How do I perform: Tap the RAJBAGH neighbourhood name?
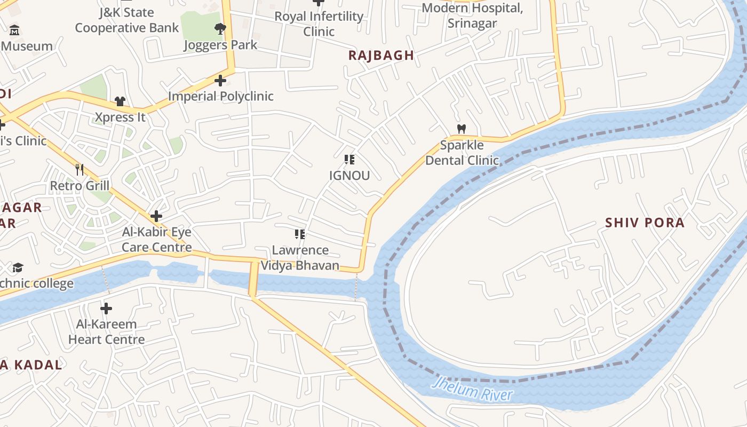coord(381,55)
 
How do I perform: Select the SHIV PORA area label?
coord(645,223)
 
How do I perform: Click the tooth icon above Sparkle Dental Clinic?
coord(462,129)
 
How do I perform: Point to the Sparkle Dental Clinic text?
coord(462,153)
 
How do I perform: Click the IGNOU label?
coord(349,176)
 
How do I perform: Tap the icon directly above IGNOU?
coord(349,159)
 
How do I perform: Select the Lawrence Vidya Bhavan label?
coord(300,258)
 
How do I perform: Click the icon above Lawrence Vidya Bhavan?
coord(300,234)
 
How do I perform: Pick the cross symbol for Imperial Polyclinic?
coord(220,81)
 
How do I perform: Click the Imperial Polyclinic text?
coord(220,96)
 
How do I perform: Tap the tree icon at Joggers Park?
coord(219,29)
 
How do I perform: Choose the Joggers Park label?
coord(220,45)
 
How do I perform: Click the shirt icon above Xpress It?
coord(120,101)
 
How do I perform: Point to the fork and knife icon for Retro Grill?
coord(80,170)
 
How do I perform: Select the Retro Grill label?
coord(80,186)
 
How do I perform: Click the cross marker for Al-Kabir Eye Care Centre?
coord(156,216)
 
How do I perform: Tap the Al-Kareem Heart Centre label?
coord(106,331)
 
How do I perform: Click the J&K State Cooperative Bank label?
coord(126,20)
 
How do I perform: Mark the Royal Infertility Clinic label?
coord(319,24)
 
